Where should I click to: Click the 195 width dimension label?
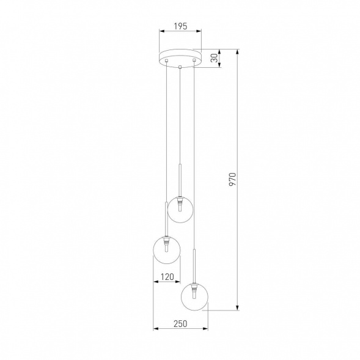pyautogui.click(x=180, y=26)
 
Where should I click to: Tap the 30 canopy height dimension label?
pyautogui.click(x=213, y=59)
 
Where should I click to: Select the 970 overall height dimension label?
pyautogui.click(x=232, y=179)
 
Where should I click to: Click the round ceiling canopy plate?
pyautogui.click(x=180, y=57)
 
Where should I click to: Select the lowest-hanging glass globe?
pyautogui.click(x=195, y=297)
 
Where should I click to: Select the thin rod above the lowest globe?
pyautogui.click(x=195, y=264)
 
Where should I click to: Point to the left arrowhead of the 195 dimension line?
pyautogui.click(x=160, y=32)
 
